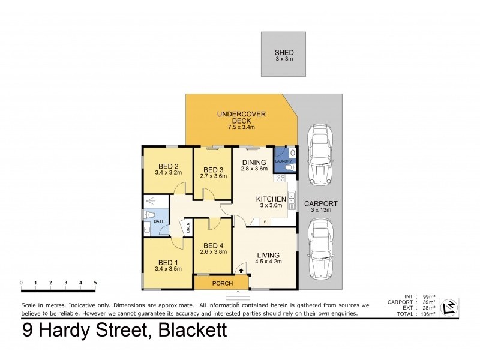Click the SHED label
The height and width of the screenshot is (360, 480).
(284, 52)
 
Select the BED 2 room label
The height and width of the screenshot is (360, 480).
(169, 166)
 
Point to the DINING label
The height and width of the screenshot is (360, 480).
(253, 162)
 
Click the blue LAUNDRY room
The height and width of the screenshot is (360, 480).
(284, 160)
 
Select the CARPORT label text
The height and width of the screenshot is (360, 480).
(320, 203)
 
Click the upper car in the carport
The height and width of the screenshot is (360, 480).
(319, 154)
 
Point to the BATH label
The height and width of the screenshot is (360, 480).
(159, 221)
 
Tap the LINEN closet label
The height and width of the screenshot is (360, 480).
(188, 227)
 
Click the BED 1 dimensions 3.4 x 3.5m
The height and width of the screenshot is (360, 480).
(167, 269)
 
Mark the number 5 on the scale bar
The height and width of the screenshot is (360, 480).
(95, 283)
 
